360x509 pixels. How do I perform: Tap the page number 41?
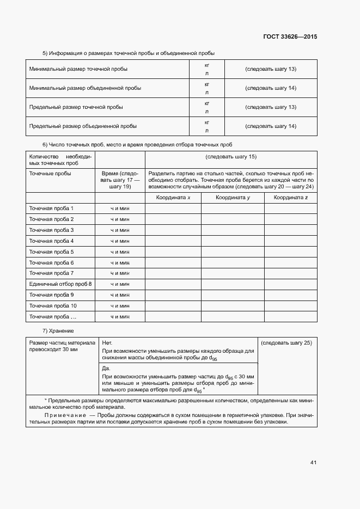[313, 463]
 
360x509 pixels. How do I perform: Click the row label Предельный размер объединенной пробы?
[82, 126]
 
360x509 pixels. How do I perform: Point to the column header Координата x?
[173, 198]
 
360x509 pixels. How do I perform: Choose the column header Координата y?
[233, 198]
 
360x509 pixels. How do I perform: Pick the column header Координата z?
[290, 198]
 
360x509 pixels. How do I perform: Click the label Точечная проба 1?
[51, 208]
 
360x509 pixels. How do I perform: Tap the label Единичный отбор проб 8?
[60, 284]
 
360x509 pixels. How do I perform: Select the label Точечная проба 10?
[53, 305]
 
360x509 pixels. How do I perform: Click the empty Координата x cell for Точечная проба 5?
[173, 252]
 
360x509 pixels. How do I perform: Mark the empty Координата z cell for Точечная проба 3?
[290, 230]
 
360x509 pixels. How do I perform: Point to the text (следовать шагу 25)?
[286, 343]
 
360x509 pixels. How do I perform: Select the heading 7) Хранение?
[58, 331]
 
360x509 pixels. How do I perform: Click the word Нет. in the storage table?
[107, 343]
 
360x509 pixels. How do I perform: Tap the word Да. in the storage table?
[106, 368]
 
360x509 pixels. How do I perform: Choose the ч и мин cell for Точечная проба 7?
[120, 273]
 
